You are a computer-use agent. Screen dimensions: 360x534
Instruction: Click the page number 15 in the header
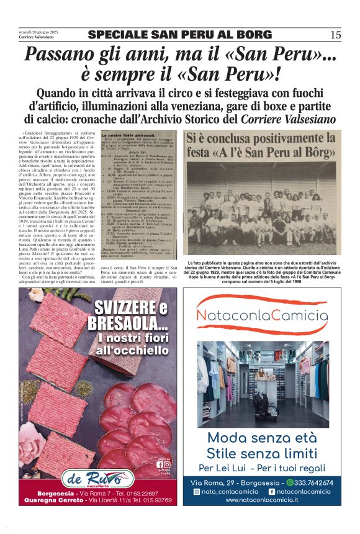click(335, 35)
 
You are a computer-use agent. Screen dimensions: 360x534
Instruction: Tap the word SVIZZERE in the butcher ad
click(122, 309)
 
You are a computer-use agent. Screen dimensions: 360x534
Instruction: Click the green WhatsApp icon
click(290, 482)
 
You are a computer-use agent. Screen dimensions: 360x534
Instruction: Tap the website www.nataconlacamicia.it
click(261, 499)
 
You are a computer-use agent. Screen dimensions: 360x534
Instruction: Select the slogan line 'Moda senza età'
click(261, 437)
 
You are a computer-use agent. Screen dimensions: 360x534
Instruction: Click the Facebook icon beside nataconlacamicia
click(271, 491)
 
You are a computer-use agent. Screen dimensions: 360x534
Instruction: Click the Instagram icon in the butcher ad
click(166, 463)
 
